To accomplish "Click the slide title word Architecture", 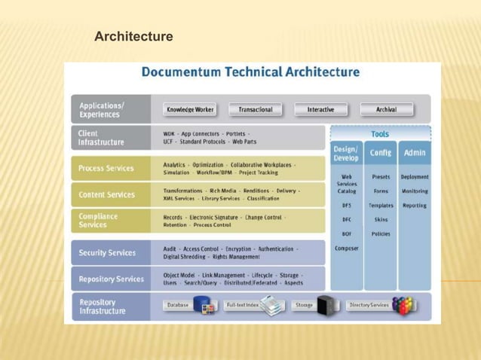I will point(133,36).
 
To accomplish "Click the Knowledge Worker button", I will point(190,110).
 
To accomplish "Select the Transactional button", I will point(256,110).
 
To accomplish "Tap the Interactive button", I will point(320,110).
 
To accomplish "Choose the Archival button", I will point(386,110).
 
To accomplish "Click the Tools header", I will point(380,133).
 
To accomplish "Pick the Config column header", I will point(381,152).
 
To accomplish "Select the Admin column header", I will point(415,152).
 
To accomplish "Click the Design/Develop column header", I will point(346,153).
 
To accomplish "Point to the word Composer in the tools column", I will point(347,248).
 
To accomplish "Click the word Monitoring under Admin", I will point(415,191).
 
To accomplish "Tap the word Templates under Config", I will point(381,206).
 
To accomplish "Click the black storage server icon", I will point(327,306).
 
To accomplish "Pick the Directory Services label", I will point(369,306).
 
